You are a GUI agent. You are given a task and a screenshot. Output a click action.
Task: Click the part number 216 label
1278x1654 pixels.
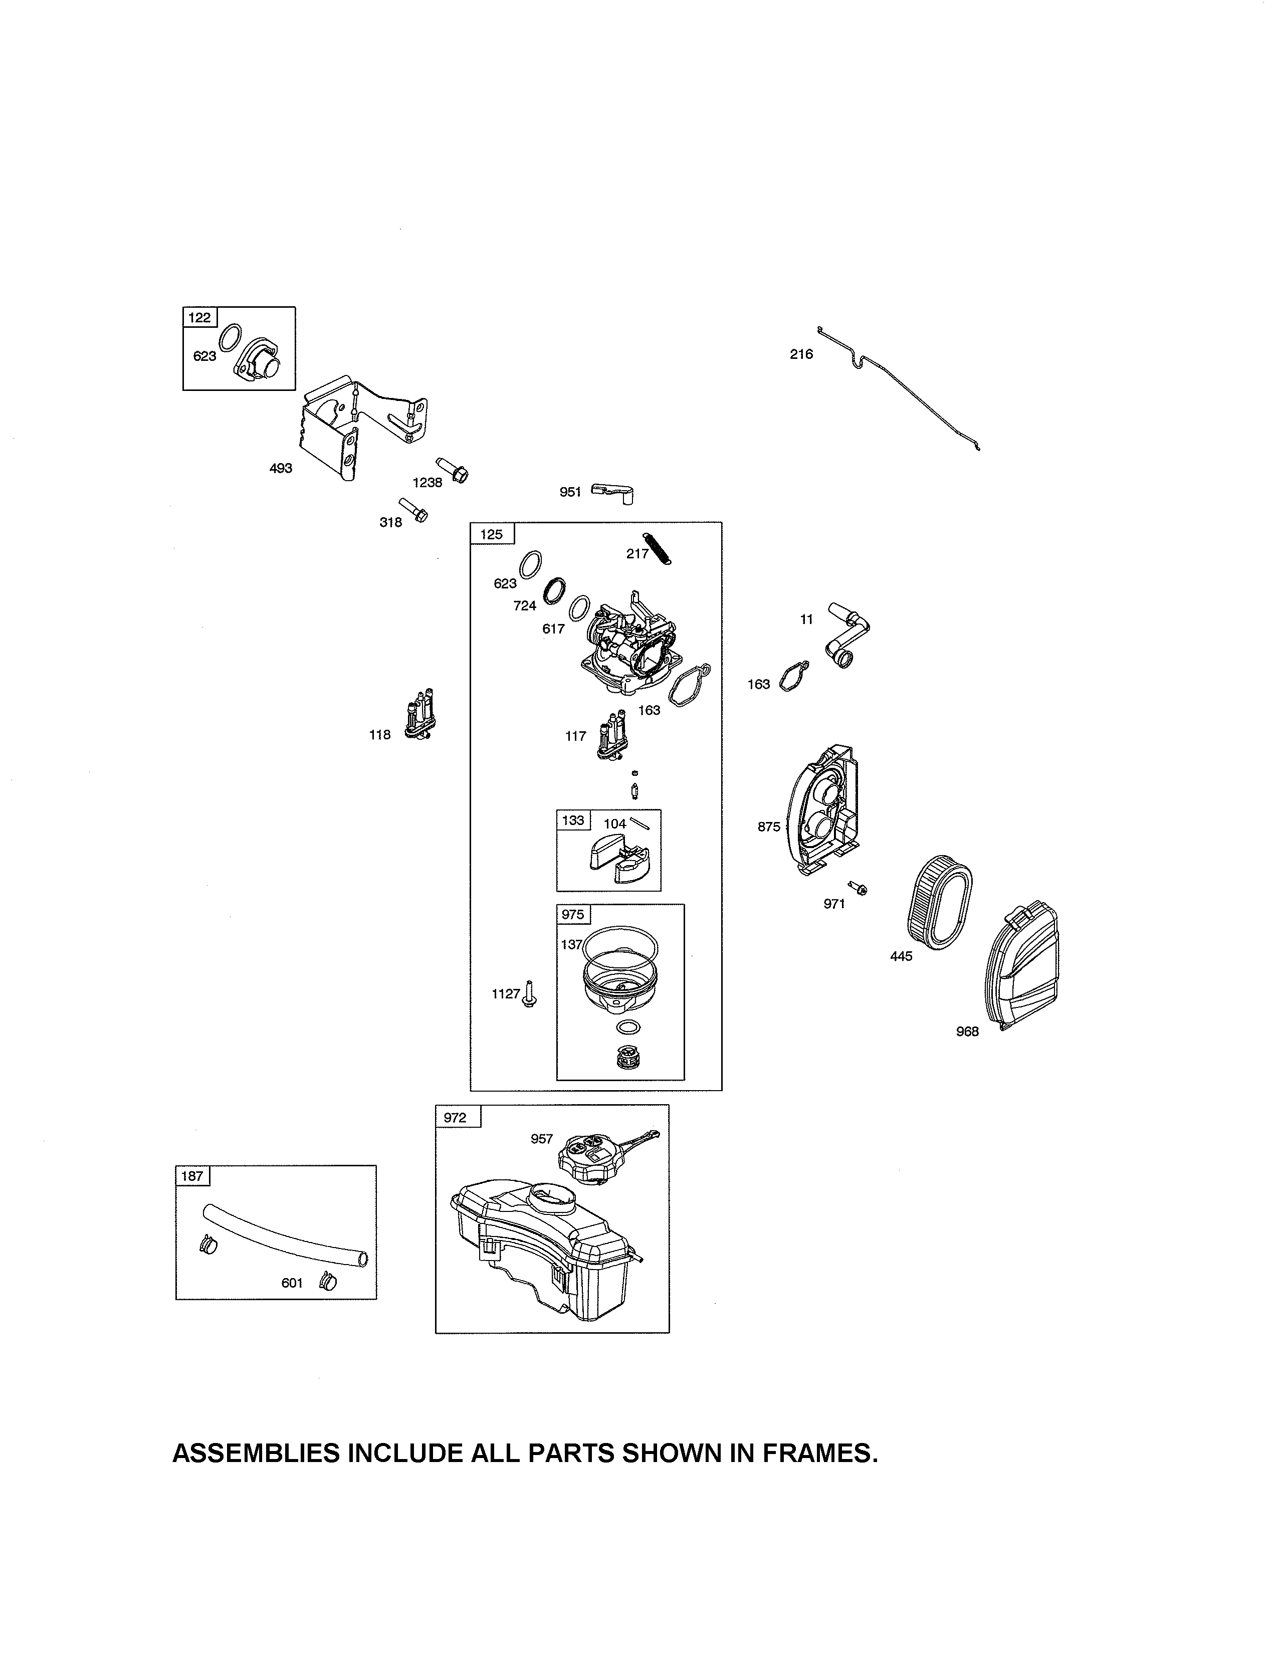click(801, 354)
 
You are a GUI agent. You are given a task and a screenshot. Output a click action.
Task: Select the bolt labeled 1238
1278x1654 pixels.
click(453, 470)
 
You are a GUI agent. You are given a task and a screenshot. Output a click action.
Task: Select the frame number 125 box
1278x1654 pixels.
click(491, 534)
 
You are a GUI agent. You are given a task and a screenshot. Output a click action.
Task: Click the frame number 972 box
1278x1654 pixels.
click(457, 1118)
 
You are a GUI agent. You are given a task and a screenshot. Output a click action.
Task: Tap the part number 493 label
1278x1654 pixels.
click(281, 469)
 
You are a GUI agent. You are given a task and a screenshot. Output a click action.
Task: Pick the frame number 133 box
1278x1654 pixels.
click(573, 820)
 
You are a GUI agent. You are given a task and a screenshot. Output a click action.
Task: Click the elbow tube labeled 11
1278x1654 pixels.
click(848, 635)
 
